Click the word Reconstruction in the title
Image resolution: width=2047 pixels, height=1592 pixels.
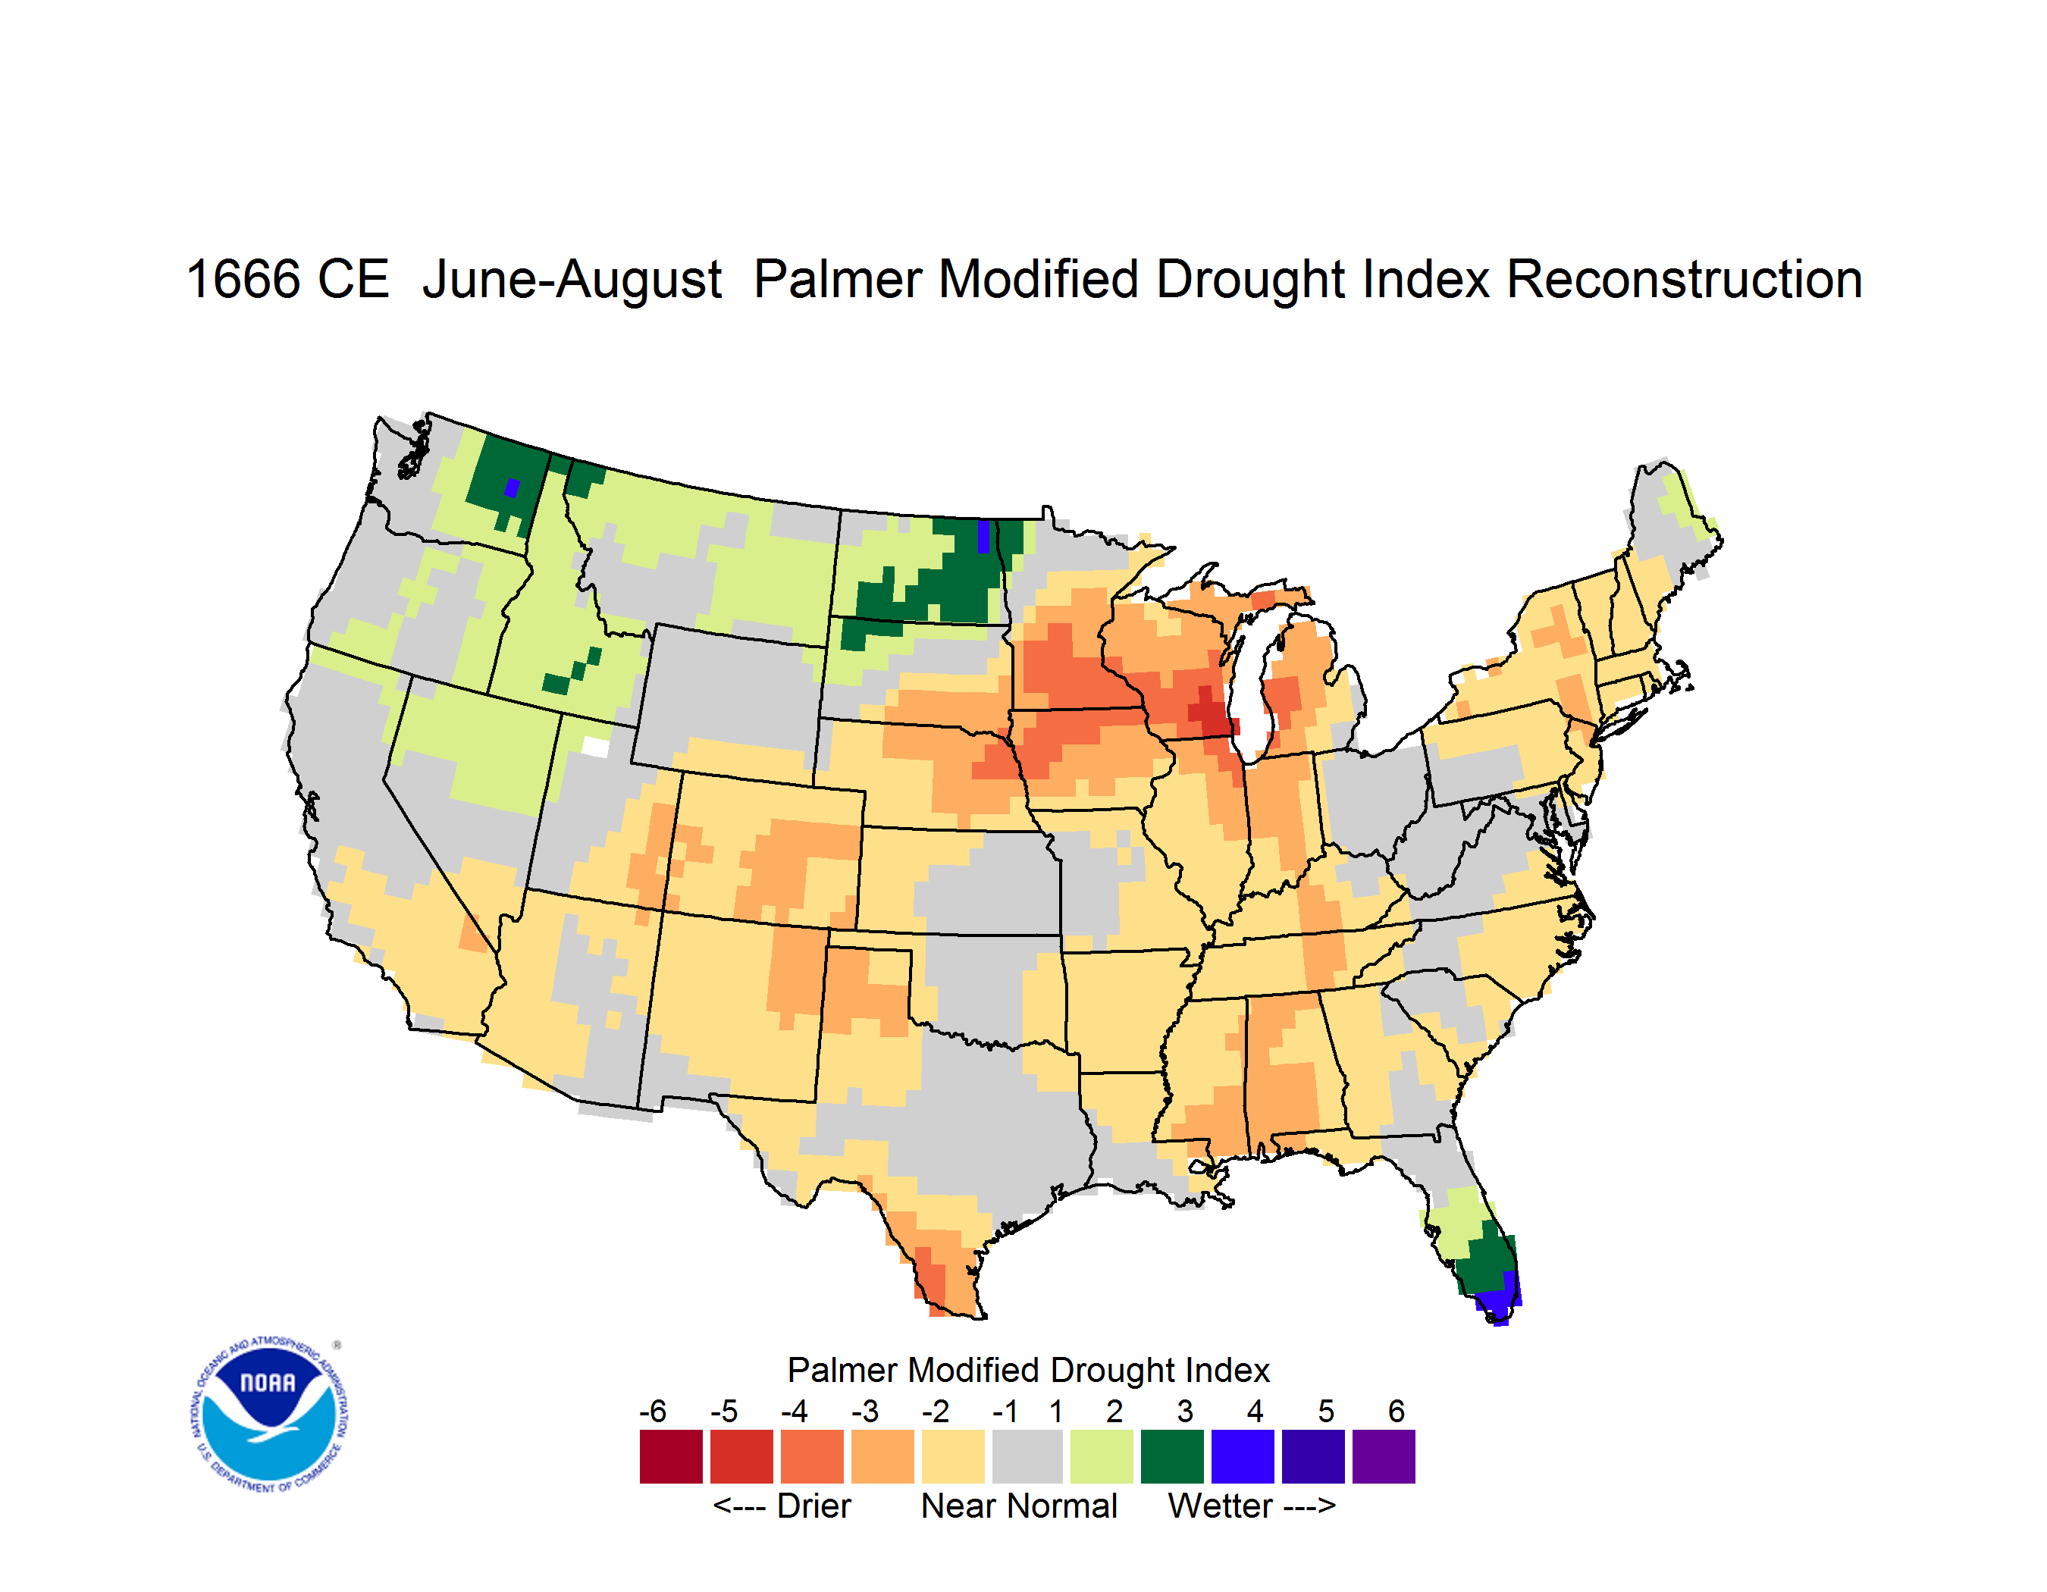pyautogui.click(x=1685, y=279)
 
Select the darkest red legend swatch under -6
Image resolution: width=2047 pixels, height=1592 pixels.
pyautogui.click(x=671, y=1456)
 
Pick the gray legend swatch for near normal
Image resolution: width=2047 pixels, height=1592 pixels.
pyautogui.click(x=1027, y=1456)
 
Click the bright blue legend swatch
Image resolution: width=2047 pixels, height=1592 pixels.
pyautogui.click(x=1243, y=1456)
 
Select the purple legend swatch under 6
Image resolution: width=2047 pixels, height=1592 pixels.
pyautogui.click(x=1384, y=1456)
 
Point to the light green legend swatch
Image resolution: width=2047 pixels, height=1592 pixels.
pyautogui.click(x=1102, y=1456)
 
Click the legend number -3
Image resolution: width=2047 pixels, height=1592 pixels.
pyautogui.click(x=865, y=1411)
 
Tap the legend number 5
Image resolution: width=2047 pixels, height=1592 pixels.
pyautogui.click(x=1326, y=1411)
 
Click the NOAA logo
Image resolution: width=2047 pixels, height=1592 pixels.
pyautogui.click(x=269, y=1415)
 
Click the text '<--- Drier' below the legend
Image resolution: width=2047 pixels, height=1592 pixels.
pyautogui.click(x=782, y=1506)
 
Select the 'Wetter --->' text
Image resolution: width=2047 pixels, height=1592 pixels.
pyautogui.click(x=1251, y=1506)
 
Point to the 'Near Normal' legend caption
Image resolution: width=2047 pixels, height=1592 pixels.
pyautogui.click(x=1019, y=1506)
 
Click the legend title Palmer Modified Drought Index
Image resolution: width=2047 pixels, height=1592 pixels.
pyautogui.click(x=1028, y=1370)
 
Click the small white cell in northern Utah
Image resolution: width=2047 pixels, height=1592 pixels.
pyautogui.click(x=595, y=747)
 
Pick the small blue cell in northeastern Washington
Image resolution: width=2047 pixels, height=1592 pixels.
pyautogui.click(x=512, y=487)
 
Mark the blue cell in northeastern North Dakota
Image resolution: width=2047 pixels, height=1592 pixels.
pyautogui.click(x=983, y=536)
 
